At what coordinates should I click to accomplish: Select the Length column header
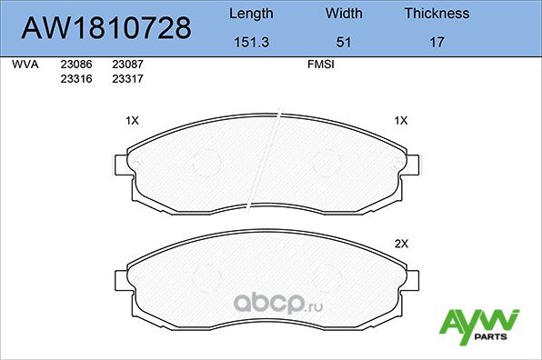click(250, 14)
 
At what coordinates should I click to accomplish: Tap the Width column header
click(343, 14)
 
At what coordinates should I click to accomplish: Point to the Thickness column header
click(437, 14)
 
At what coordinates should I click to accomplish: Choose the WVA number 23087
click(126, 65)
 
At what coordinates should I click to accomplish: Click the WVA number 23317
click(126, 79)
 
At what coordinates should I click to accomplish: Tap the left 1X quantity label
click(131, 120)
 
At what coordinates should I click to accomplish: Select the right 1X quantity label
click(401, 120)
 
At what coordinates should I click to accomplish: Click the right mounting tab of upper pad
click(411, 165)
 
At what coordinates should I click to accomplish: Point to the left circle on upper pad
click(211, 162)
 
